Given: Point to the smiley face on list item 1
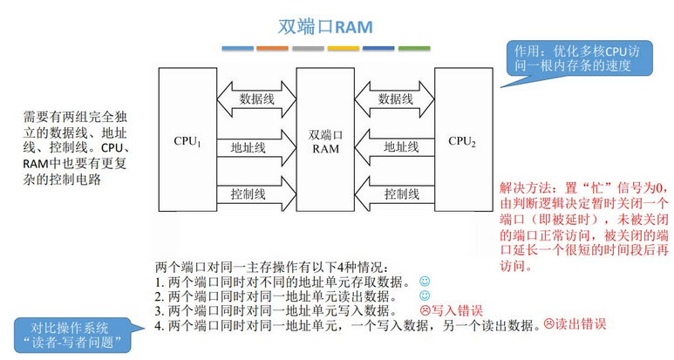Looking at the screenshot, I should pos(425,282).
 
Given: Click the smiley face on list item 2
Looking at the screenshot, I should pos(425,296).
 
